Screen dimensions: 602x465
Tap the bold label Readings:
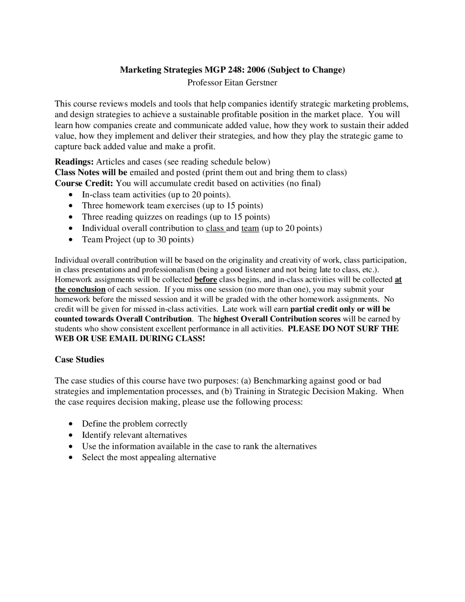[74, 161]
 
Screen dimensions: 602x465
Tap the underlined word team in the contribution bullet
[250, 228]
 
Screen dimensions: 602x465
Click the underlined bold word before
[206, 280]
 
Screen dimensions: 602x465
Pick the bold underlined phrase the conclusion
[80, 290]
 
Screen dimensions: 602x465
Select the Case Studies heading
[79, 360]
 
